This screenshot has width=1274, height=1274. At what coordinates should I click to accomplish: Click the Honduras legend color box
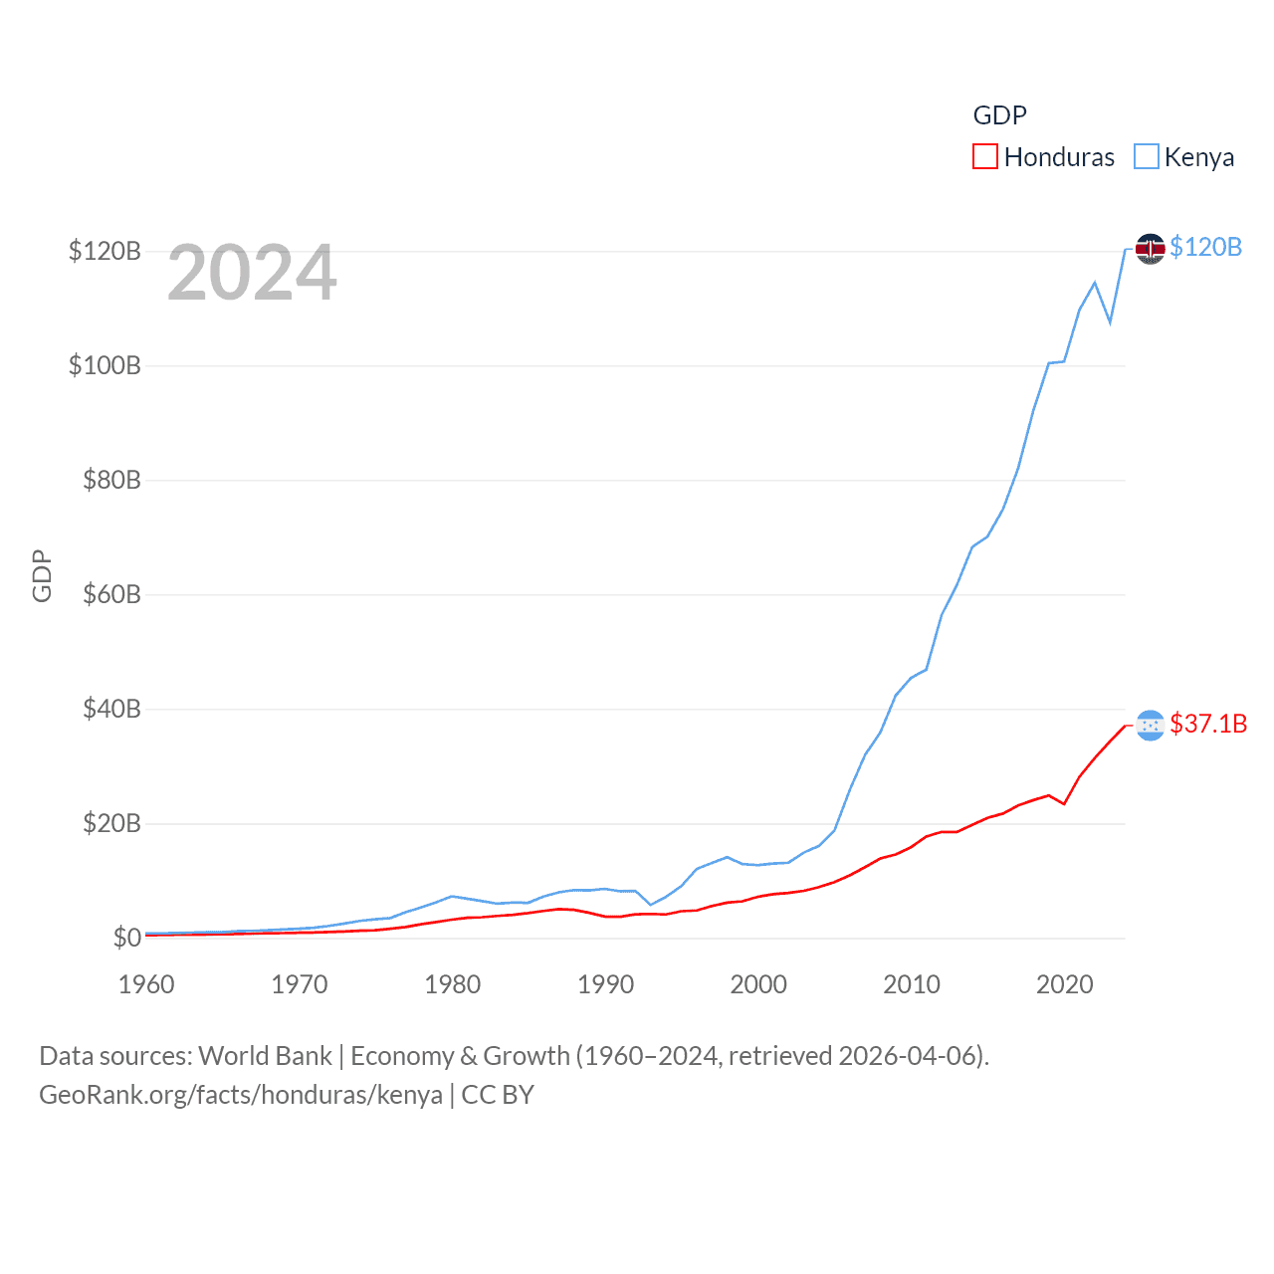[984, 157]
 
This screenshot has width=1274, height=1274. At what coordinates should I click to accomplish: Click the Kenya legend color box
[1147, 157]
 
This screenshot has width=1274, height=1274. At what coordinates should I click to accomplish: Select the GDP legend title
[999, 115]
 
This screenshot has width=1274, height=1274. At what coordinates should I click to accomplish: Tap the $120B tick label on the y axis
[105, 251]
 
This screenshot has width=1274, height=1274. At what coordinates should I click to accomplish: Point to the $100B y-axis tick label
[105, 365]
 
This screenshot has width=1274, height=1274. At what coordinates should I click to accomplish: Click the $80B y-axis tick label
[111, 480]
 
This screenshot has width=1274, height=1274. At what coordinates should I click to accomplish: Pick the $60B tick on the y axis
[111, 594]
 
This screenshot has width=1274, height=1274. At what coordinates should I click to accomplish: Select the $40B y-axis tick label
[111, 709]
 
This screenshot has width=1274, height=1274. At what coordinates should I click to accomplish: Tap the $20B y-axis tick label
[111, 823]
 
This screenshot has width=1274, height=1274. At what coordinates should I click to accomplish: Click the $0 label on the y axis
[126, 938]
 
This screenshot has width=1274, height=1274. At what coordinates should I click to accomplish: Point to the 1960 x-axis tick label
[146, 984]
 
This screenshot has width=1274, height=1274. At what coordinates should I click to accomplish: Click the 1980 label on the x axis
[452, 984]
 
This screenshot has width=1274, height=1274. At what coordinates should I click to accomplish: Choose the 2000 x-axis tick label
[758, 984]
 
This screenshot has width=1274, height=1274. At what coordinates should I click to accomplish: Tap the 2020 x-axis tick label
[1064, 984]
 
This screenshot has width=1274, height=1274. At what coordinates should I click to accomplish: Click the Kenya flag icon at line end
[1151, 248]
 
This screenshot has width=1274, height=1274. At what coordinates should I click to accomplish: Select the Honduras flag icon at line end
[1151, 725]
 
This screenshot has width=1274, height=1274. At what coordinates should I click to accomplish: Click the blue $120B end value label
[1205, 247]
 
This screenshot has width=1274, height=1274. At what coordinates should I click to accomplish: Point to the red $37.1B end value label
[1208, 724]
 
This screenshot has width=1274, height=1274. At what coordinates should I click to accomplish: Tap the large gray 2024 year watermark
[252, 273]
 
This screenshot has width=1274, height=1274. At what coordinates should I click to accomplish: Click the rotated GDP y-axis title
[42, 575]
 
